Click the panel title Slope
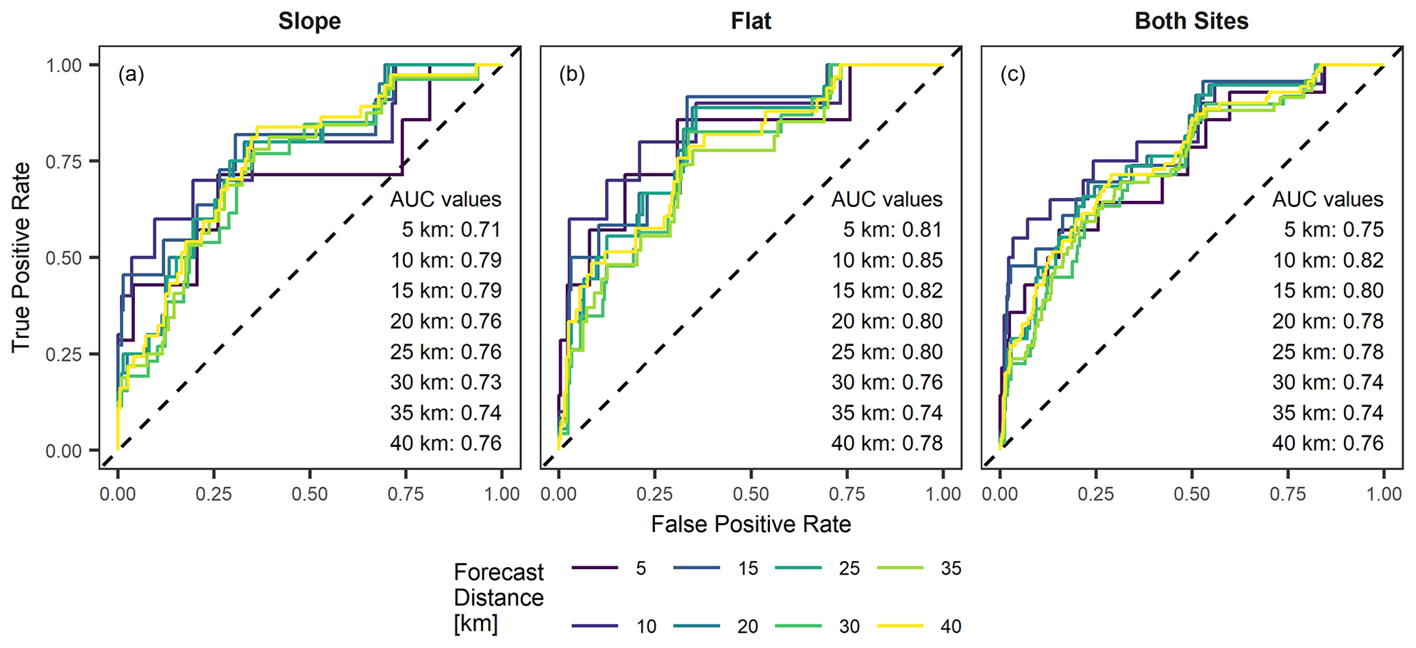point(309,21)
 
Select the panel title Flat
point(751,21)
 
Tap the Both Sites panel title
point(1191,21)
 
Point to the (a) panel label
point(131,74)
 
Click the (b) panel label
point(572,74)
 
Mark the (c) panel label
point(1013,74)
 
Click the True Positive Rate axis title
point(21,257)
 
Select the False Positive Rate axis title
point(751,524)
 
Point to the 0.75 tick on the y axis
point(63,162)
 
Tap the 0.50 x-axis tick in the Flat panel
point(751,494)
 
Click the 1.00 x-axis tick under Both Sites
point(1384,494)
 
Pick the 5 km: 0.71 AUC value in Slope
point(451,230)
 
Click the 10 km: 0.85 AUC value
point(887,261)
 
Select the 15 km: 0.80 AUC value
point(1328,291)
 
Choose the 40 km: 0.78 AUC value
point(887,444)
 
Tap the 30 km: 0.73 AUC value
point(446,383)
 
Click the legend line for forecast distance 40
point(900,626)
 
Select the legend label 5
point(641,568)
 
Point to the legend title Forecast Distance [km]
point(498,597)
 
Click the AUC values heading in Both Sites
point(1328,200)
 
